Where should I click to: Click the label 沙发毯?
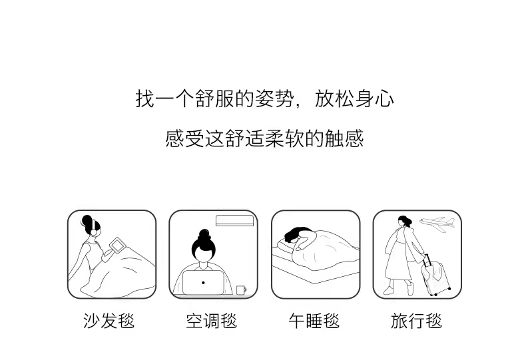pyautogui.click(x=109, y=321)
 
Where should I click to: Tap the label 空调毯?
pyautogui.click(x=212, y=321)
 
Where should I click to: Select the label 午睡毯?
pyautogui.click(x=314, y=321)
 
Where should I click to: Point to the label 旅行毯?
pyautogui.click(x=417, y=321)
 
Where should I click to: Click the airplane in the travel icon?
pyautogui.click(x=437, y=223)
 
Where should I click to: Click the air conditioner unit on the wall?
pyautogui.click(x=235, y=220)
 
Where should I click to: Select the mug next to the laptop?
pyautogui.click(x=241, y=290)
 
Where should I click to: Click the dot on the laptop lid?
pyautogui.click(x=203, y=283)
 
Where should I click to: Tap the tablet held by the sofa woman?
pyautogui.click(x=117, y=245)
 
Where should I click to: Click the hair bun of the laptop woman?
pyautogui.click(x=204, y=234)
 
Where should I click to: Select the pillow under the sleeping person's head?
pyautogui.click(x=286, y=246)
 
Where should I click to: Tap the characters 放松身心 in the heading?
pyautogui.click(x=354, y=98)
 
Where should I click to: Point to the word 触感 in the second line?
pyautogui.click(x=344, y=138)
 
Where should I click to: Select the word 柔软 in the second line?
pyautogui.click(x=285, y=138)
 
